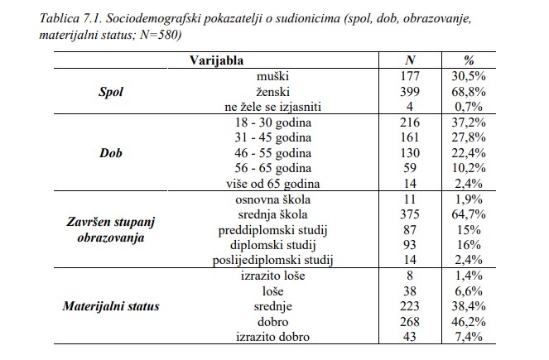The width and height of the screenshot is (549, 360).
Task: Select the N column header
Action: pyautogui.click(x=410, y=60)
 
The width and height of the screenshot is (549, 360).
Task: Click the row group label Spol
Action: pyautogui.click(x=110, y=91)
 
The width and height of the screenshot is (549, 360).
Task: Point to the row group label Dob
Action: pyautogui.click(x=111, y=152)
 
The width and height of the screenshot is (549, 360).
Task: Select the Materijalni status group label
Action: pyautogui.click(x=111, y=306)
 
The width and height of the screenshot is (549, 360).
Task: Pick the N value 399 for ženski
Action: pyautogui.click(x=410, y=91)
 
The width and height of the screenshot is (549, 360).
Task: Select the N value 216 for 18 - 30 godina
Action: pyautogui.click(x=410, y=122)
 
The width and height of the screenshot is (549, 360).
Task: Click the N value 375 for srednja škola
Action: pyautogui.click(x=410, y=214)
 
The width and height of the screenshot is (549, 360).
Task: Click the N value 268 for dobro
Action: pyautogui.click(x=410, y=322)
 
